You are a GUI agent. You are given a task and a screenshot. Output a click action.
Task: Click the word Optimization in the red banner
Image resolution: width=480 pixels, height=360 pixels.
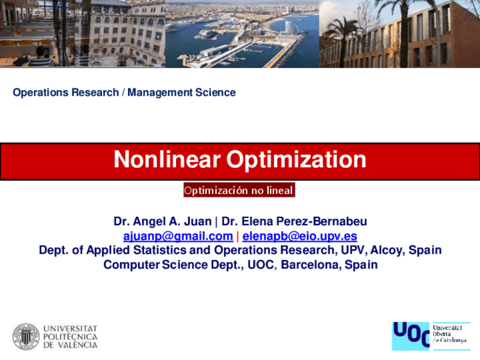pyautogui.click(x=296, y=160)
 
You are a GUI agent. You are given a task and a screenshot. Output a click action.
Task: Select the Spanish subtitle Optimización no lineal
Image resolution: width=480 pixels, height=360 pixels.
pyautogui.click(x=239, y=190)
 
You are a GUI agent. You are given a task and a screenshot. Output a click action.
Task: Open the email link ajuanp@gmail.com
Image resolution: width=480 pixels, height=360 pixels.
pyautogui.click(x=178, y=236)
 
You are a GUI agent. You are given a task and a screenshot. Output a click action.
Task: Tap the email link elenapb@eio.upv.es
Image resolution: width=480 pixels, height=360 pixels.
pyautogui.click(x=299, y=236)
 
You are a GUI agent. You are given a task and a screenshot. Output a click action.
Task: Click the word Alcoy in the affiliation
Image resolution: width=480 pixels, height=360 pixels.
pyautogui.click(x=389, y=250)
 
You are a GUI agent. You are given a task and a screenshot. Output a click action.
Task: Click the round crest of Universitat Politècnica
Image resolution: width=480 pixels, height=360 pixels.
pyautogui.click(x=26, y=337)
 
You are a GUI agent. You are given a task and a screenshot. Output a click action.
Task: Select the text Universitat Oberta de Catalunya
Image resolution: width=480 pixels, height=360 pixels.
pyautogui.click(x=450, y=334)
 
